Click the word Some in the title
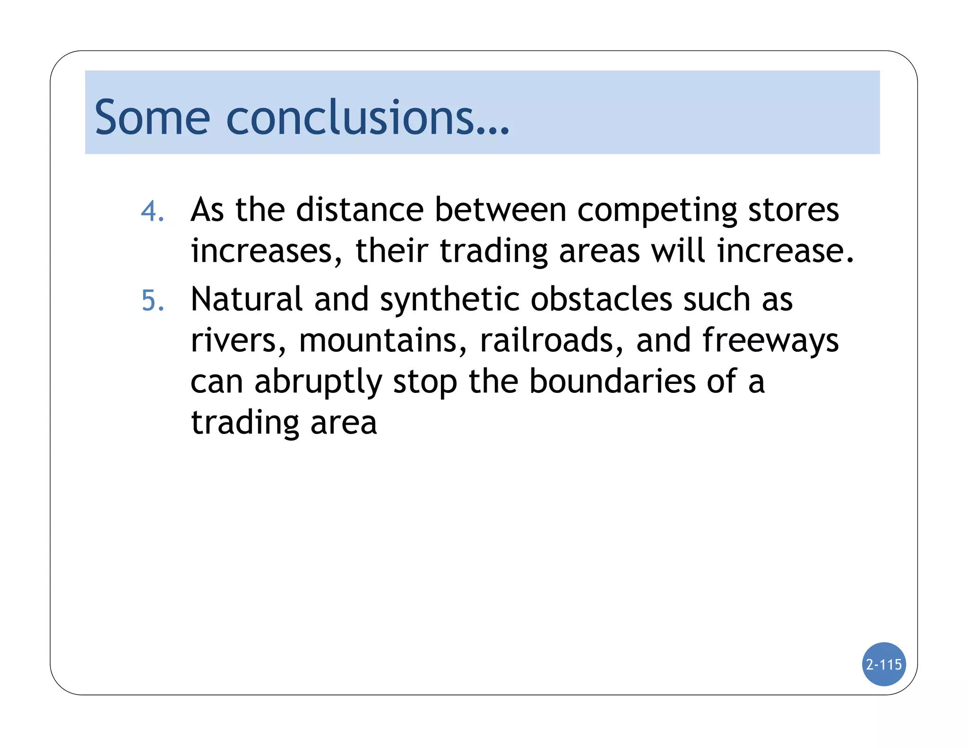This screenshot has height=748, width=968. click(152, 117)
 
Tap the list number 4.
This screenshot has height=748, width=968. click(153, 211)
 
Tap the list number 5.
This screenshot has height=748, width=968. click(153, 301)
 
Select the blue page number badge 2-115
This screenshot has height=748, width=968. click(883, 664)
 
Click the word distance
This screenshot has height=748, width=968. click(360, 209)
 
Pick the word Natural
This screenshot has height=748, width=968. click(246, 299)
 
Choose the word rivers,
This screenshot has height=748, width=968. click(238, 340)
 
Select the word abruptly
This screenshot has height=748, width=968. click(318, 383)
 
